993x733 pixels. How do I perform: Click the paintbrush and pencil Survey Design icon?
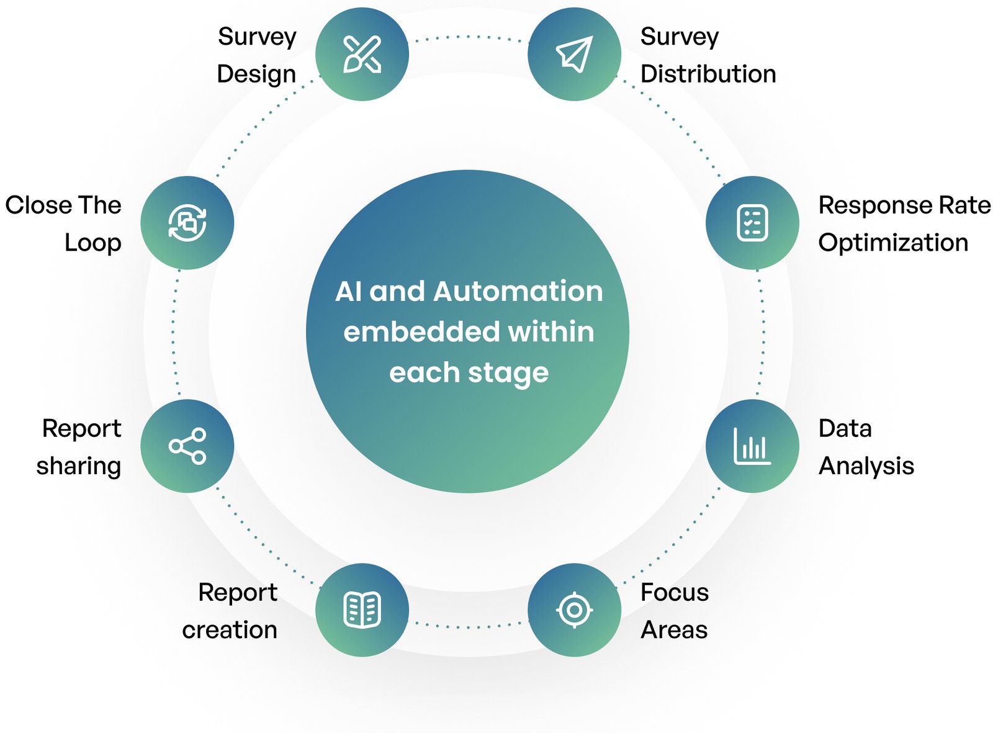click(x=362, y=55)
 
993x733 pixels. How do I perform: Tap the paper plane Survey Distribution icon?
click(x=574, y=55)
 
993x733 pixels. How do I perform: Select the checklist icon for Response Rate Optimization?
click(x=752, y=223)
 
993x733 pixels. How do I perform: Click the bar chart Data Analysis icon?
click(x=752, y=446)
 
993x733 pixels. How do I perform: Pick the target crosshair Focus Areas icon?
click(x=574, y=609)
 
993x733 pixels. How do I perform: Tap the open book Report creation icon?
click(x=362, y=609)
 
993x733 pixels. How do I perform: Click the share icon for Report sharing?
click(x=187, y=446)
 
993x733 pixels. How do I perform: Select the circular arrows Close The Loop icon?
click(x=187, y=223)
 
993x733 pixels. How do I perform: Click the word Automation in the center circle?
click(x=518, y=292)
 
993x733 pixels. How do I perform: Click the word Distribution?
click(x=708, y=74)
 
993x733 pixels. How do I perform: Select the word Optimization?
click(x=893, y=243)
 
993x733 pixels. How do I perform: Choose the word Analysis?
click(x=866, y=466)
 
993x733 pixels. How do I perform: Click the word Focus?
click(x=674, y=592)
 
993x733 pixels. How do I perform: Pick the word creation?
click(x=230, y=630)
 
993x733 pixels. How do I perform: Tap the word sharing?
click(x=79, y=466)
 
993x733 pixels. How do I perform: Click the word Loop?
click(x=93, y=243)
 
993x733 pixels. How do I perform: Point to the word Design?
click(x=256, y=74)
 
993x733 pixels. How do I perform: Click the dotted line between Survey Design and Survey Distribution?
click(x=468, y=37)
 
